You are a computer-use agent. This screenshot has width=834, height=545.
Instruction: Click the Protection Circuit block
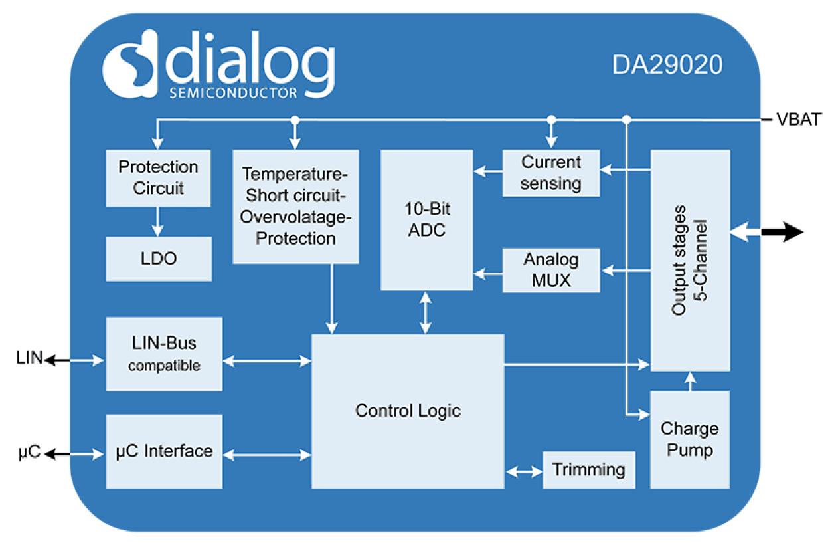click(x=158, y=177)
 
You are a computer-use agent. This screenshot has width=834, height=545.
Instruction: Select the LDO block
click(x=159, y=258)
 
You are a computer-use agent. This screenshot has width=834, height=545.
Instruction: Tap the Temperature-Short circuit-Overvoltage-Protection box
click(x=295, y=206)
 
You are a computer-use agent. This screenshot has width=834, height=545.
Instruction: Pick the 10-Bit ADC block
click(x=426, y=219)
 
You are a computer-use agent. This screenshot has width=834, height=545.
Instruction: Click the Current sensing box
click(x=550, y=173)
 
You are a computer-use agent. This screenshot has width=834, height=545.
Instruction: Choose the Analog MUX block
click(x=550, y=270)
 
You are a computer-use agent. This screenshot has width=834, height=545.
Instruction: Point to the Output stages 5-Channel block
click(x=689, y=260)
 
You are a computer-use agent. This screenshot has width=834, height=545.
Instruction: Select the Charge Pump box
click(x=689, y=439)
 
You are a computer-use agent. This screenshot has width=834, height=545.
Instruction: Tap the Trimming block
click(x=588, y=469)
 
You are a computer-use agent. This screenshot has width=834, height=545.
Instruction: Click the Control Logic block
click(x=408, y=411)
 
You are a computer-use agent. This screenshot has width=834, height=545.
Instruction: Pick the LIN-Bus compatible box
click(x=164, y=354)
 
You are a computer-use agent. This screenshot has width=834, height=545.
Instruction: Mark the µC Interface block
click(x=164, y=451)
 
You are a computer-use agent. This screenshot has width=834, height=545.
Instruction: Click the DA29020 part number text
click(x=667, y=65)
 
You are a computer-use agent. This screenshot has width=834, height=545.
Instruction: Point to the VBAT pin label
click(x=799, y=120)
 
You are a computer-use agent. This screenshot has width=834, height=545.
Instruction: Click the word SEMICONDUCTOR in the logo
click(x=233, y=93)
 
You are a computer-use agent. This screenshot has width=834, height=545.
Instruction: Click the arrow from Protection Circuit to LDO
click(x=158, y=221)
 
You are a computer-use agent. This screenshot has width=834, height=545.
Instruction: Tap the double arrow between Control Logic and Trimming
click(x=524, y=471)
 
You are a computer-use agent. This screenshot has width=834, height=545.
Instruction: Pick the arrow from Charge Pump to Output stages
click(x=689, y=381)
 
